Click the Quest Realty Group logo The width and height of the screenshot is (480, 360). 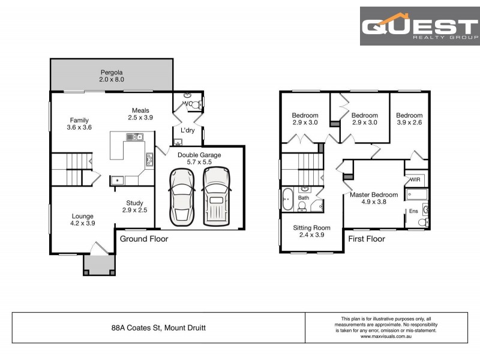419,26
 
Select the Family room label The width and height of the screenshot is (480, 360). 79,119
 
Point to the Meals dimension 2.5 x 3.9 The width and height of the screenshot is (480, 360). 140,118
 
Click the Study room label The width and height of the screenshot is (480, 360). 134,203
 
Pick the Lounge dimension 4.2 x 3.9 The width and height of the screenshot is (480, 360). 83,223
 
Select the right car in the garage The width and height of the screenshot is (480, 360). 217,196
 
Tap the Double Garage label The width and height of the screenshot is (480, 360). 199,155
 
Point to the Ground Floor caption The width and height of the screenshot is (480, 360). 144,239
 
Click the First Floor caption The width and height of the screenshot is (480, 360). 367,239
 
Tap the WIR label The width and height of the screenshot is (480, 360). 415,180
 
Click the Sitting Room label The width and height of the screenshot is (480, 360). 311,228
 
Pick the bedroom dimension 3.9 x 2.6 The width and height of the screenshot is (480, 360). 409,123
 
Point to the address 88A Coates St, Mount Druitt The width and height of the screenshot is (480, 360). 158,328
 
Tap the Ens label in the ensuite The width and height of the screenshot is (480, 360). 413,211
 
